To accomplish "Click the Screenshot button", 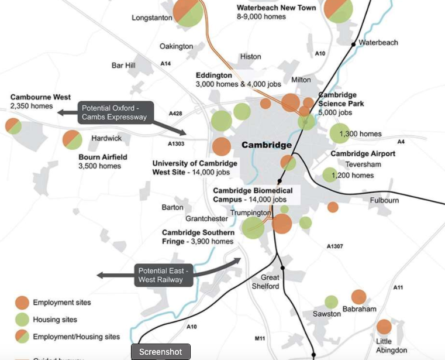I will pos(161,352).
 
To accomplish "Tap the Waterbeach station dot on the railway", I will pos(353,44).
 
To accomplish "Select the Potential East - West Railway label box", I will pos(161,275).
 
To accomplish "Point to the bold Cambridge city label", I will pos(266,145).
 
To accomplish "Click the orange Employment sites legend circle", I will pos(22,303).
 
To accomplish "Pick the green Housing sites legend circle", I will pos(22,320).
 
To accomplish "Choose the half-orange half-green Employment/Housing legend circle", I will pos(22,337).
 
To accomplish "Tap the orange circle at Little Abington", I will pos(384,327).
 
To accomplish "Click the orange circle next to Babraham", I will pos(358,297).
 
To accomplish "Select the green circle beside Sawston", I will pos(331,302).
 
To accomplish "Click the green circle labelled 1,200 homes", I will pos(329,174).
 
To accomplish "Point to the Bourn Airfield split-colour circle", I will pos(72,139).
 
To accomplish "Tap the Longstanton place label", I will pos(152,18).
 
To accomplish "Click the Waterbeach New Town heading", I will pos(276,8).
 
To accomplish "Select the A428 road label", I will pos(175,113).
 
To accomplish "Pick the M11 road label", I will pos(261,338).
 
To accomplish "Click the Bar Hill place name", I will pos(123,65).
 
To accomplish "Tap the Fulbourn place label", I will pos(384,200).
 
